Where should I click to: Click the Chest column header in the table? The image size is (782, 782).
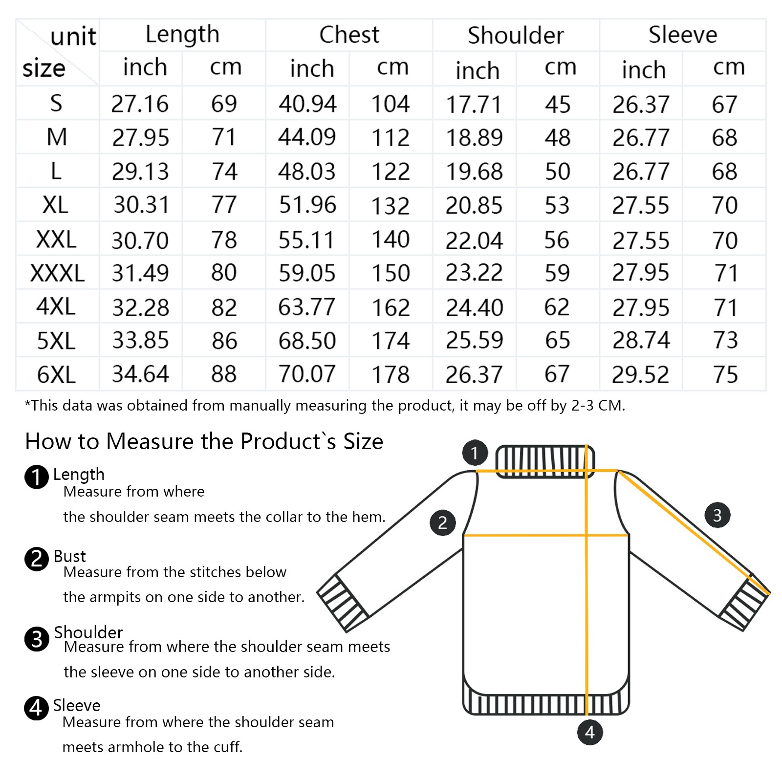pos(349,35)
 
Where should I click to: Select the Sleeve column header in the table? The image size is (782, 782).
pos(683,35)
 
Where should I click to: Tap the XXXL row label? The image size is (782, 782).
pos(57,273)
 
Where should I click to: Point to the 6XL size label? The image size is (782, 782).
pos(56,375)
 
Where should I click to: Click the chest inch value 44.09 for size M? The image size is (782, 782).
pos(307,137)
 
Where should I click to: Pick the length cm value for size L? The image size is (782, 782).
pos(224,172)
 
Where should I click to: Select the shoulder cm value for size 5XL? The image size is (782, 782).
pos(557,340)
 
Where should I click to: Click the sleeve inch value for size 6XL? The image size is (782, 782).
pos(640,375)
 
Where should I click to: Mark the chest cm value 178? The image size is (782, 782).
pos(391,375)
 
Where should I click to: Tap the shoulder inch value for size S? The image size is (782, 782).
pos(474,104)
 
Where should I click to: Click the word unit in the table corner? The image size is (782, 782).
pos(73,37)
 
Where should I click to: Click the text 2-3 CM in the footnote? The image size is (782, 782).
pos(598,405)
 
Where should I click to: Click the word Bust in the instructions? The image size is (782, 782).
pos(69,556)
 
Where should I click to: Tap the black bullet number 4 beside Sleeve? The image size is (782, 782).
pos(36,708)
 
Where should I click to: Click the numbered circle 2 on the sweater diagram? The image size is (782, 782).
pos(443,523)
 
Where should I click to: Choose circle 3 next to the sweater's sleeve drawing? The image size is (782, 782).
pos(717,515)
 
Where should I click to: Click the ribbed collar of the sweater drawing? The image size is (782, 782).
pos(545,461)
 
